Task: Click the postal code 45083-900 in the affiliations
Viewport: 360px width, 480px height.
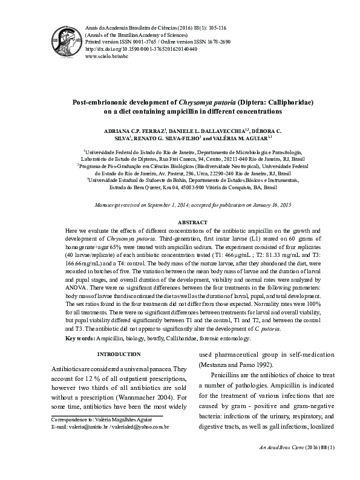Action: (169, 187)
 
